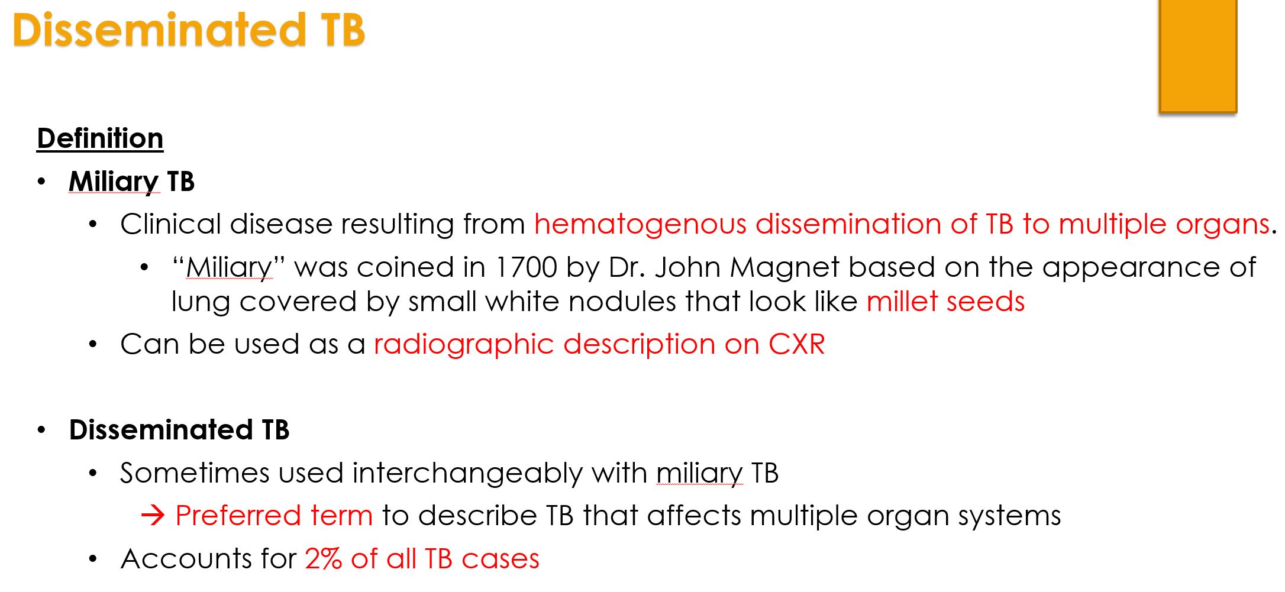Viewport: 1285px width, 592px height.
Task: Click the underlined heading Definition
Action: pyautogui.click(x=100, y=139)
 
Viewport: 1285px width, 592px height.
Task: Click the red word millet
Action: pyautogui.click(x=902, y=302)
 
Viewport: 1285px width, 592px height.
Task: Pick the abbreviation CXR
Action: pyautogui.click(x=796, y=344)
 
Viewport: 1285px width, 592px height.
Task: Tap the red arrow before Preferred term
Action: pyautogui.click(x=153, y=516)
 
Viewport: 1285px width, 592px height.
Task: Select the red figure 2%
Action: pyautogui.click(x=323, y=559)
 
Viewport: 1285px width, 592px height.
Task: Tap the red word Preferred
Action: pyautogui.click(x=238, y=516)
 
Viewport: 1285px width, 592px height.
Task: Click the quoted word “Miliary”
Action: pyautogui.click(x=228, y=268)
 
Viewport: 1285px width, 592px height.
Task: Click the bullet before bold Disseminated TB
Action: pyautogui.click(x=41, y=430)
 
